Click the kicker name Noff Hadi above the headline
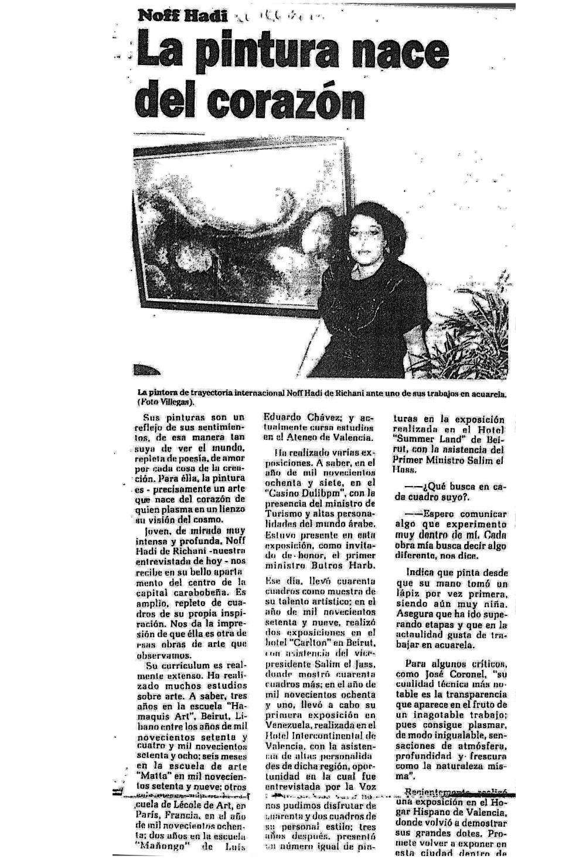click(182, 16)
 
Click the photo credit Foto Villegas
click(166, 402)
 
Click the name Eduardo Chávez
click(296, 417)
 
